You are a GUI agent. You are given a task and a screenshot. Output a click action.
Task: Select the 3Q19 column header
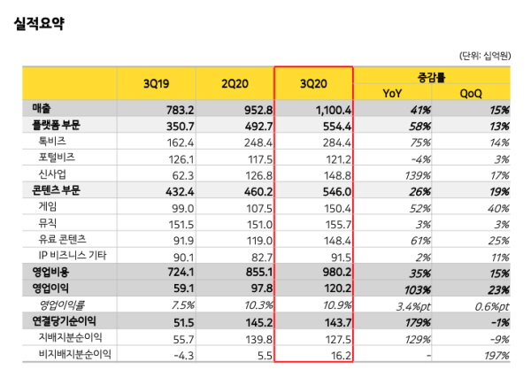point(157,85)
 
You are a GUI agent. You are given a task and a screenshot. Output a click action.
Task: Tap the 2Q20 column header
point(236,85)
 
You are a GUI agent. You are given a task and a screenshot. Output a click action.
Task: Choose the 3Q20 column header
point(314,85)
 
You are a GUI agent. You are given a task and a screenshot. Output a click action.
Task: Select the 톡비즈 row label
point(51,141)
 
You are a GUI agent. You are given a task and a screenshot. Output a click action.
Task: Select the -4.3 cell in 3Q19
point(182,354)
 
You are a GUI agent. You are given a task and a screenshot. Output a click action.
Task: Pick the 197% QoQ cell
point(496,354)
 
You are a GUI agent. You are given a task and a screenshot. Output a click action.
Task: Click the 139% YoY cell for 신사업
point(415,174)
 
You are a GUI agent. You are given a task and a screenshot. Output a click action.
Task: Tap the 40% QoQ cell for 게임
point(498,207)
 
